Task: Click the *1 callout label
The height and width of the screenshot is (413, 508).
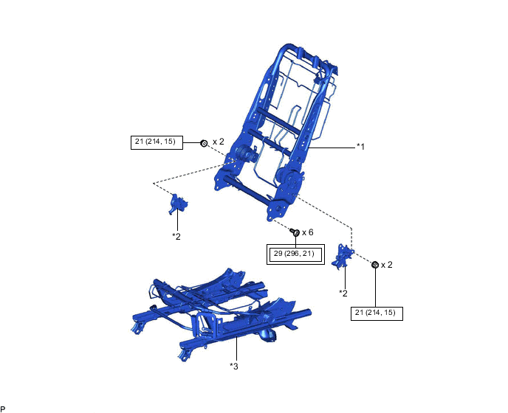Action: tap(360, 147)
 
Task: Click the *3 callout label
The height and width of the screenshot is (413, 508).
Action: tap(234, 366)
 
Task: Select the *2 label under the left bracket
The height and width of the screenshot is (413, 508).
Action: tap(176, 237)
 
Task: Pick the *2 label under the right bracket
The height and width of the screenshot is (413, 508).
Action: tap(343, 293)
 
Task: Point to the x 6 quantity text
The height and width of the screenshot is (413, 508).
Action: tap(308, 232)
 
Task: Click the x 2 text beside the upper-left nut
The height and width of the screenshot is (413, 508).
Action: tap(219, 142)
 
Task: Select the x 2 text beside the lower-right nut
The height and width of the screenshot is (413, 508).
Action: tap(386, 265)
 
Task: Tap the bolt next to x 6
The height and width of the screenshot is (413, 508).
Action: tap(295, 232)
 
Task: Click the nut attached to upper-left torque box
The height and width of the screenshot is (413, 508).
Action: tap(204, 143)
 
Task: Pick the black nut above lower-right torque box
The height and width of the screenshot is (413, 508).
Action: tap(375, 265)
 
